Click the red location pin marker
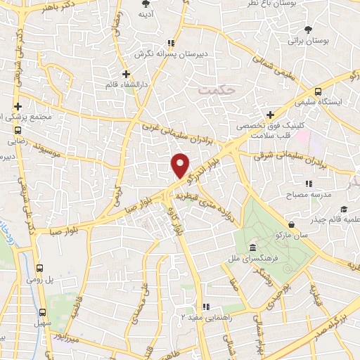click(x=181, y=165)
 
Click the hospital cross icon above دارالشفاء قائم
click(x=126, y=74)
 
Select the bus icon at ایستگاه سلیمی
click(x=318, y=91)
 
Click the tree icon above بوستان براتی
click(x=309, y=30)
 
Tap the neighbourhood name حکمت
click(x=214, y=90)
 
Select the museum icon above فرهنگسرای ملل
click(x=252, y=248)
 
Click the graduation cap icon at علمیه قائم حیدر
click(x=344, y=210)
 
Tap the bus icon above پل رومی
click(x=39, y=268)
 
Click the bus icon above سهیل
click(x=43, y=312)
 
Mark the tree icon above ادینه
click(x=146, y=4)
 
